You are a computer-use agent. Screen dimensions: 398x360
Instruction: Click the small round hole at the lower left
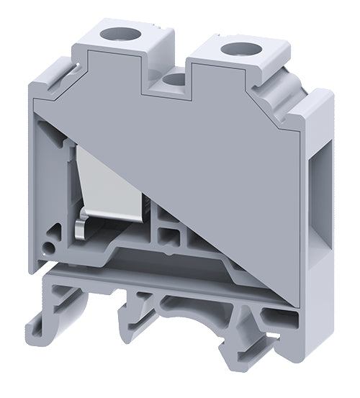[48, 248]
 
